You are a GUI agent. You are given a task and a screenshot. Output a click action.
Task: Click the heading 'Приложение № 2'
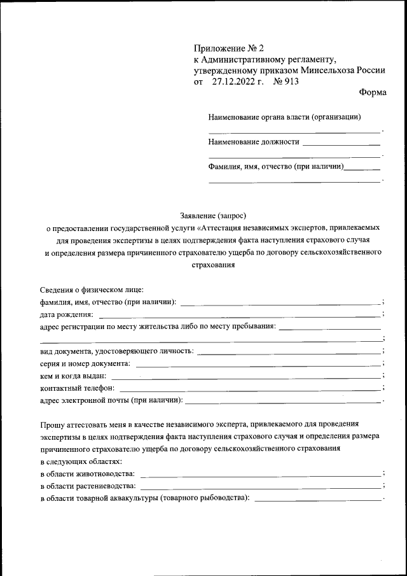pyautogui.click(x=224, y=48)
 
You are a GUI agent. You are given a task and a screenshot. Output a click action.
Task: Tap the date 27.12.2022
pyautogui.click(x=232, y=81)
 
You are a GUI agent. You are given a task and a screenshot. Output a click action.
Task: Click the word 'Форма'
pyautogui.click(x=372, y=93)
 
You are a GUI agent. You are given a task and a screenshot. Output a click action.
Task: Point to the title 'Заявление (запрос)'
pyautogui.click(x=213, y=216)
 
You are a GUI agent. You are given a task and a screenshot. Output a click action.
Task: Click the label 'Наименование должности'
pyautogui.click(x=253, y=142)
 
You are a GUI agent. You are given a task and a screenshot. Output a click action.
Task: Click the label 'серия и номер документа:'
pyautogui.click(x=85, y=364)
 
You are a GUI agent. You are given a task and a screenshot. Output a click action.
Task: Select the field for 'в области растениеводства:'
pyautogui.click(x=261, y=487)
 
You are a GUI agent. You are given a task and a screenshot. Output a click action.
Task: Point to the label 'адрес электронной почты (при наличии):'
pyautogui.click(x=111, y=400)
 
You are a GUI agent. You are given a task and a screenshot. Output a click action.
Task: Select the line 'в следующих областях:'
pyautogui.click(x=81, y=461)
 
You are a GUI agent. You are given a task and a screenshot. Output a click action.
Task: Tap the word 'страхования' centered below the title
pyautogui.click(x=213, y=265)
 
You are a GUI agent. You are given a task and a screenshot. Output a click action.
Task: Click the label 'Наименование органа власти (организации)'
pyautogui.click(x=284, y=117)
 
